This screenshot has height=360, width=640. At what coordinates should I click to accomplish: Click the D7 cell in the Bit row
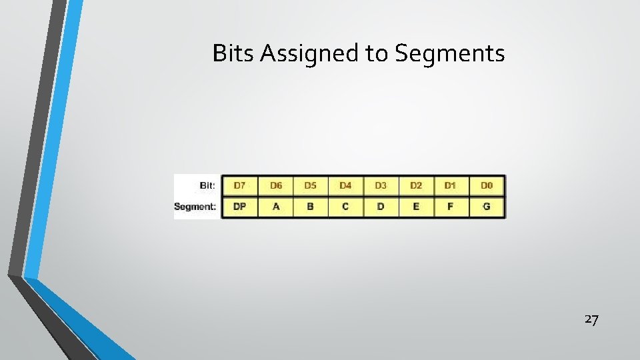(x=239, y=185)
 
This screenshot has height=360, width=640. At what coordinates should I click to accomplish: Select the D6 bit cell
(x=275, y=185)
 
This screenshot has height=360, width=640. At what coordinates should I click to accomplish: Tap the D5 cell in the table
(x=310, y=185)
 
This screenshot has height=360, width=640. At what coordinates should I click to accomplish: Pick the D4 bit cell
(x=345, y=185)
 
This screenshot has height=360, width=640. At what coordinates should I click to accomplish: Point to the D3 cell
(x=381, y=185)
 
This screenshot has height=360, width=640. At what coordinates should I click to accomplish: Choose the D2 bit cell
(x=416, y=185)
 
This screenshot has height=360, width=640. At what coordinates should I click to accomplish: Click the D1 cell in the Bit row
(x=451, y=185)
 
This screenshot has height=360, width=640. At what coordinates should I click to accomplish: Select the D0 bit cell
(x=487, y=185)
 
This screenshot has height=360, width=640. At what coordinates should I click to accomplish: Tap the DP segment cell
(x=239, y=207)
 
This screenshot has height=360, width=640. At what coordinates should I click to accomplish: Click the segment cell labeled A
(x=275, y=207)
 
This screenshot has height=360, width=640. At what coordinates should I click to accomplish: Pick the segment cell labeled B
(x=310, y=207)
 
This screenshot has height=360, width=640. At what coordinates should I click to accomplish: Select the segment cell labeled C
(x=345, y=207)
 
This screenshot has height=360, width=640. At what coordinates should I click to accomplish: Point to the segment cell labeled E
(x=416, y=207)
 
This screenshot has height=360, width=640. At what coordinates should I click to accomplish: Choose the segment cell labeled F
(x=451, y=207)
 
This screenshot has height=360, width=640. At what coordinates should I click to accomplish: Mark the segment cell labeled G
(x=487, y=207)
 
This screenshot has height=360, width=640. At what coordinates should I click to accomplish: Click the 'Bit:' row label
(x=207, y=185)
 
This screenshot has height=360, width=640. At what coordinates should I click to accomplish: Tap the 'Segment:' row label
(x=195, y=207)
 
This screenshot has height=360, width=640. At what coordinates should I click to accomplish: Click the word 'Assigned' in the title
(x=310, y=53)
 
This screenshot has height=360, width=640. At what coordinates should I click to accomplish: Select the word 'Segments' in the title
(x=450, y=53)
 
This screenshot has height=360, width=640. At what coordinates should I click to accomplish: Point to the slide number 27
(x=591, y=319)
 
